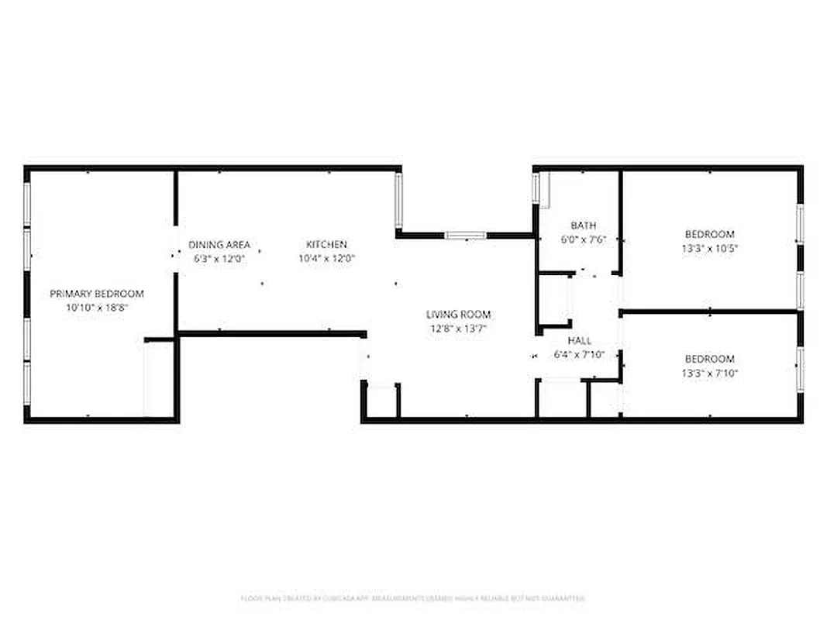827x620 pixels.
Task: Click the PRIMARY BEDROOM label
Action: [x=97, y=294]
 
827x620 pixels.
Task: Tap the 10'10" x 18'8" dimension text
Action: [x=97, y=308]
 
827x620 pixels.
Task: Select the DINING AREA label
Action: [x=219, y=245]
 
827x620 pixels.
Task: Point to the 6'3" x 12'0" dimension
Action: [x=219, y=259]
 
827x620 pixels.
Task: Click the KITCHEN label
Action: [x=326, y=245]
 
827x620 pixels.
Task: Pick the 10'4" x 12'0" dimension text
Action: [x=326, y=259]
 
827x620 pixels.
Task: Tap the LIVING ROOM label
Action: [x=458, y=315]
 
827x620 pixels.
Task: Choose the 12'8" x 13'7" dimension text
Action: [x=458, y=329]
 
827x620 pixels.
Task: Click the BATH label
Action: [x=583, y=226]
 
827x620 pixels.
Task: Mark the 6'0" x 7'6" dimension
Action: [x=583, y=239]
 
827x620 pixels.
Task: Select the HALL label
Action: [x=579, y=341]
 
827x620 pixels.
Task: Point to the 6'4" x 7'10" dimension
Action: [x=579, y=355]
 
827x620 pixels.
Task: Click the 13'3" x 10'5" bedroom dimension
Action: [x=709, y=249]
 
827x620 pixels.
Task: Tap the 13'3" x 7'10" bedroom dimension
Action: [x=709, y=373]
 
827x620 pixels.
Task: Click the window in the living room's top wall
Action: [x=466, y=235]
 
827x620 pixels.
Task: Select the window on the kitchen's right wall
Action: [x=398, y=200]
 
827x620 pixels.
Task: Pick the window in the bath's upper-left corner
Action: [x=536, y=188]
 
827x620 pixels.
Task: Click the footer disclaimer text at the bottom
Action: [x=412, y=598]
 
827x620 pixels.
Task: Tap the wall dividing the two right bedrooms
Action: [x=709, y=312]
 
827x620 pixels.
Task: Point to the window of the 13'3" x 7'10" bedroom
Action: [x=800, y=369]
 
